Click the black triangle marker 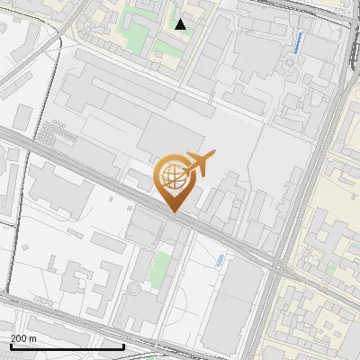(181, 24)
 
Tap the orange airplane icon (199, 163)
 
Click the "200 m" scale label (23, 337)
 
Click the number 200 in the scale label (19, 337)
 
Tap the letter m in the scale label (32, 337)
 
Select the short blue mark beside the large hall (220, 260)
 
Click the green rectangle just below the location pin (160, 266)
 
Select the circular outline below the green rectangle (134, 289)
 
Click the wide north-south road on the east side (306, 180)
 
